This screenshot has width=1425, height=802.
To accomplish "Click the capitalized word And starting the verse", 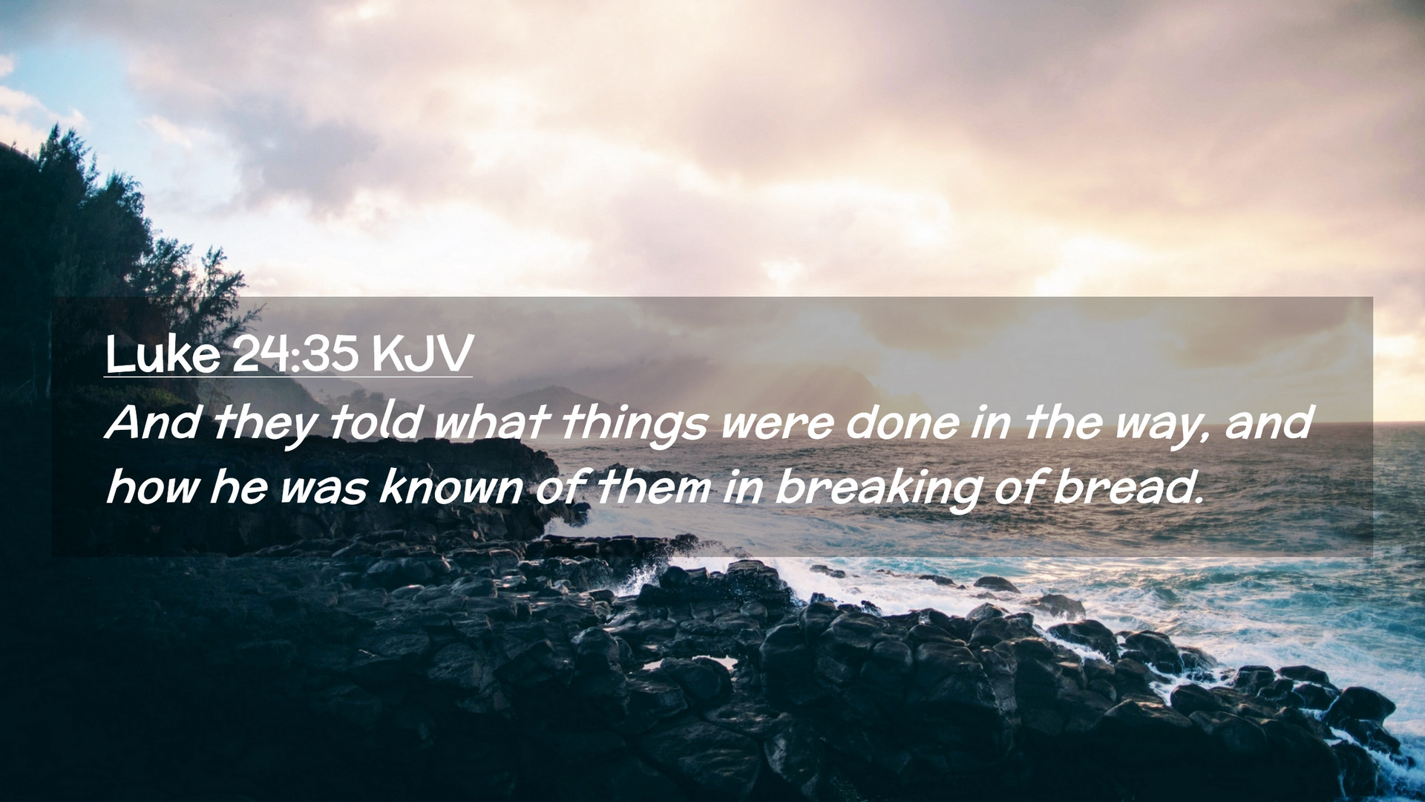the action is [154, 423].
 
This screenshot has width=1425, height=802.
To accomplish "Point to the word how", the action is [150, 489].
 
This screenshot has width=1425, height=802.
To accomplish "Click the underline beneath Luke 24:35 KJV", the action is [288, 376].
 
